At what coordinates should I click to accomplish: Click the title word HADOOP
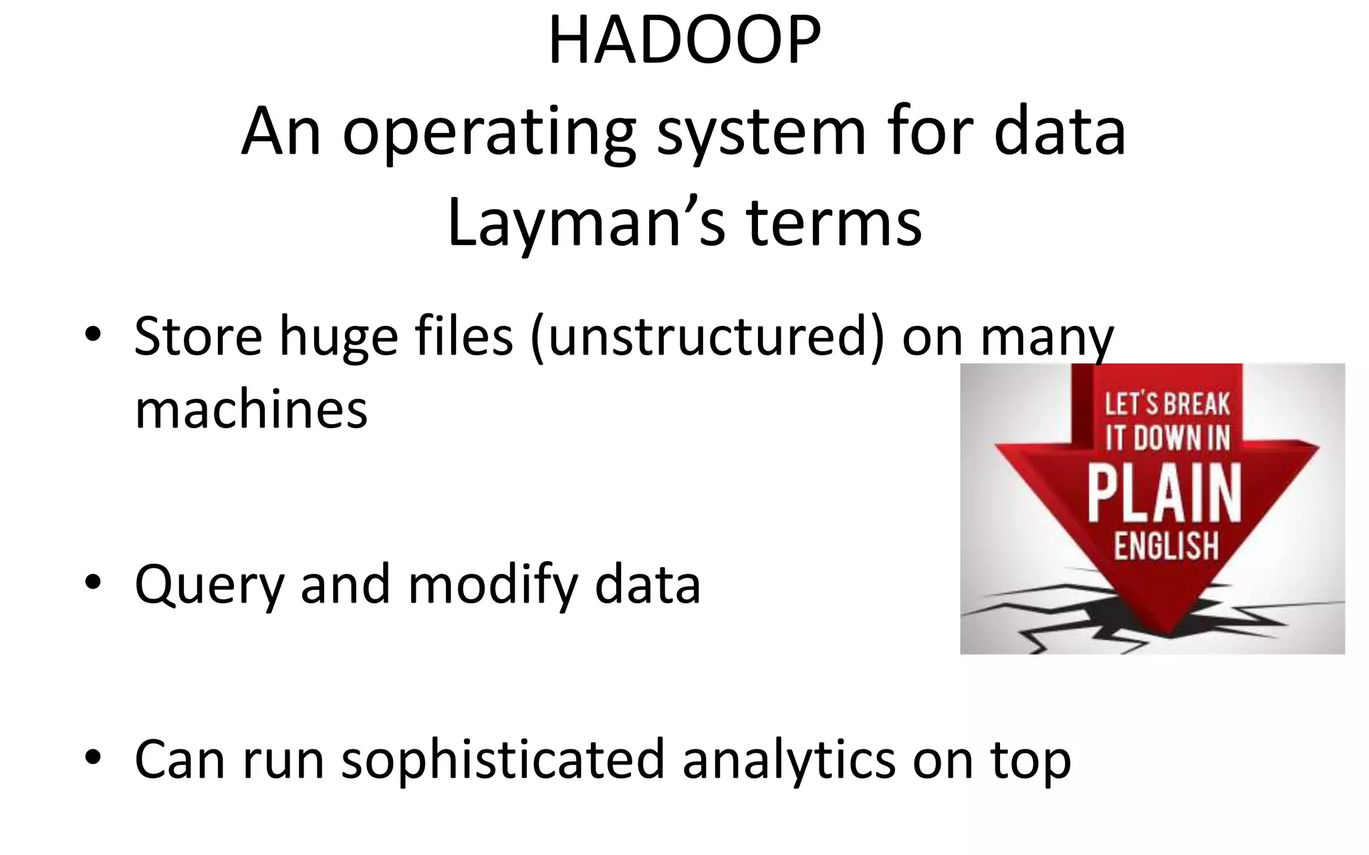[x=684, y=41]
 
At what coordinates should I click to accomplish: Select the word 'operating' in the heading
[x=489, y=134]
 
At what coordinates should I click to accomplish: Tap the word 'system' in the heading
[x=762, y=134]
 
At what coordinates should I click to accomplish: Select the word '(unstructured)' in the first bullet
[x=708, y=337]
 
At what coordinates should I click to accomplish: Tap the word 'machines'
[x=251, y=409]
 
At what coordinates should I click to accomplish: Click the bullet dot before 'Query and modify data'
[x=93, y=581]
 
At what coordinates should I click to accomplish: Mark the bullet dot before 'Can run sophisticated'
[x=93, y=757]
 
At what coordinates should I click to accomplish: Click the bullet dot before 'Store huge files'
[x=93, y=332]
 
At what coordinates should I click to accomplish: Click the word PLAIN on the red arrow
[x=1164, y=494]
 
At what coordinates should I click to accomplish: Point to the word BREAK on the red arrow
[x=1197, y=404]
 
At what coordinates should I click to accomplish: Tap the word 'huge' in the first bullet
[x=338, y=337]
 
